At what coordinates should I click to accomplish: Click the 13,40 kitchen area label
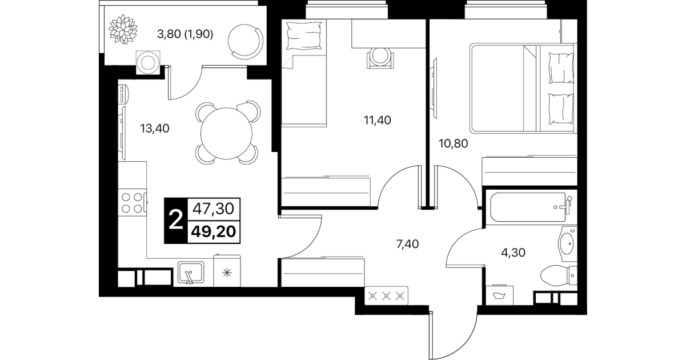pos(155,129)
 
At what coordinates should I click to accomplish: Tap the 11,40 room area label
pos(378,120)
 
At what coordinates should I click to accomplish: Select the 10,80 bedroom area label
pos(454,143)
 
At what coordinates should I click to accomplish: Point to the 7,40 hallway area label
pos(407,244)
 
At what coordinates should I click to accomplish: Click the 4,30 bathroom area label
pos(513,253)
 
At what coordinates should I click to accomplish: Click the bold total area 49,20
pos(214,232)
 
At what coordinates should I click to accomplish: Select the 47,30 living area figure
pos(214,209)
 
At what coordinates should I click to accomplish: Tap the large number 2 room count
pos(176,221)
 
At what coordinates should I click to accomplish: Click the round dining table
pos(226,133)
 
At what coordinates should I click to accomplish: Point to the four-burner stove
pos(133,202)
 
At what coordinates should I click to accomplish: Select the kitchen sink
pos(191,272)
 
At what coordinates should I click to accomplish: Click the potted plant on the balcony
pos(123,29)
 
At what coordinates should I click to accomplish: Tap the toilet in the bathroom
pos(558,275)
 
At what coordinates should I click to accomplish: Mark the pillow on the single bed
pos(304,36)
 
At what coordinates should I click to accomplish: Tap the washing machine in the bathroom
pos(499,295)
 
